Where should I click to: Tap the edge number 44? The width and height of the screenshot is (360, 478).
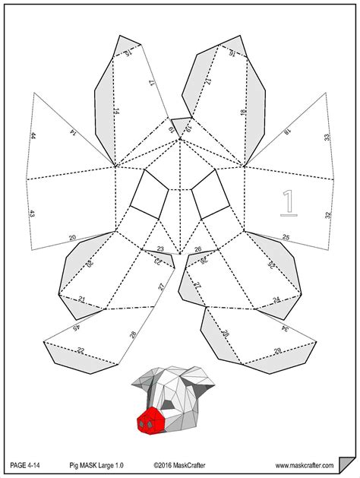coord(33,136)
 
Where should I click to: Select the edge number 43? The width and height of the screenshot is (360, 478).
coord(33,215)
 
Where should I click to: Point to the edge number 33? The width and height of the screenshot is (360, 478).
coord(327,138)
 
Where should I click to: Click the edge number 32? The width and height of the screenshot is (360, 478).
coord(328,215)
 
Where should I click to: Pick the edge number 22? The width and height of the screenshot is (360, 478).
coord(81,350)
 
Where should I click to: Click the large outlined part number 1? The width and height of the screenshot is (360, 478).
coord(288,203)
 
